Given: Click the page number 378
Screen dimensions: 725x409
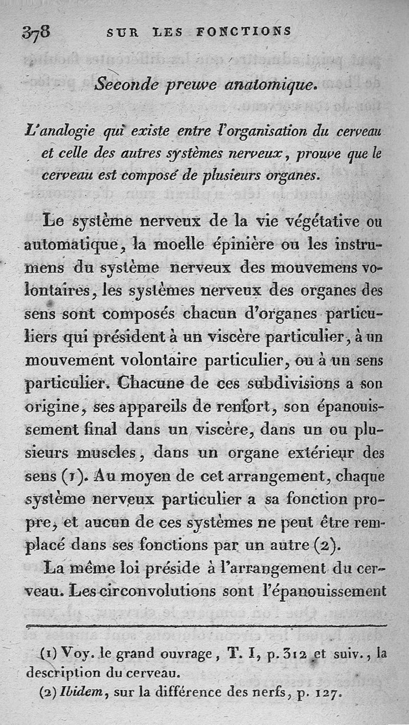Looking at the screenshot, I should tap(36, 33).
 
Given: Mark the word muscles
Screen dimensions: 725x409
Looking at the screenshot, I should tap(109, 453).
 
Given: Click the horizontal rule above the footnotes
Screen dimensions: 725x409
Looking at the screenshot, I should tap(204, 625).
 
